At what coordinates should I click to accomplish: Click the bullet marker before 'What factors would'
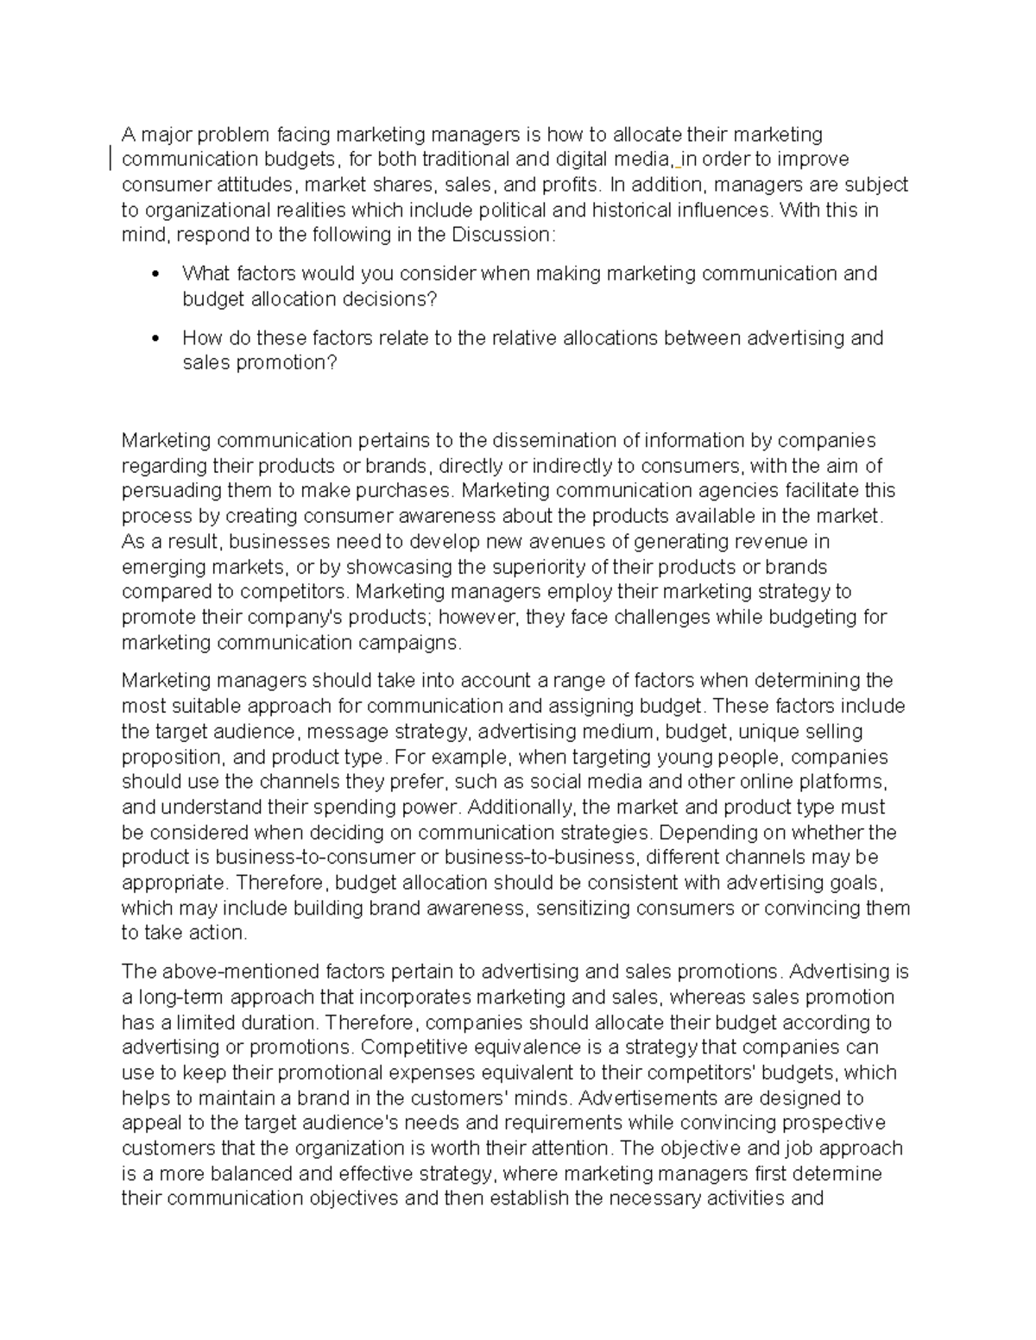coord(155,274)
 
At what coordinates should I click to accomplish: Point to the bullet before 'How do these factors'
coord(155,338)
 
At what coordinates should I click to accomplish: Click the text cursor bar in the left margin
coord(111,159)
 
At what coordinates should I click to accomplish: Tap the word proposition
coord(171,757)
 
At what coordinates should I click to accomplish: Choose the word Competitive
coord(410,1047)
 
